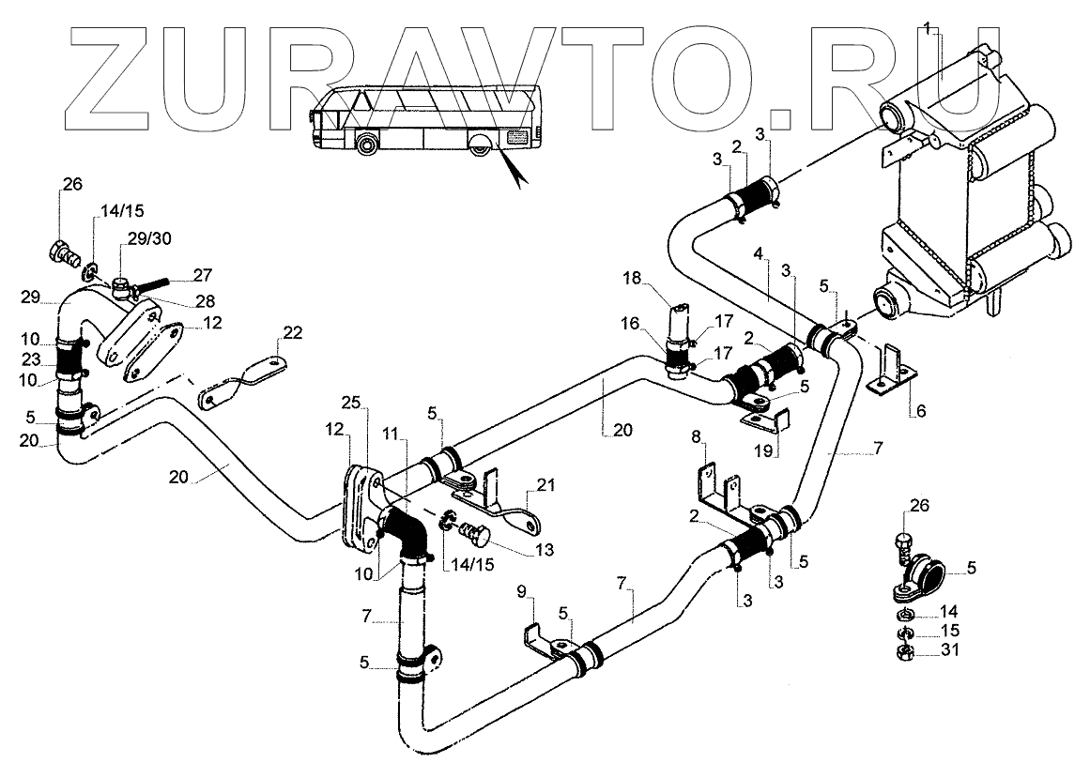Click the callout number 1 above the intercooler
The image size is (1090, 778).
point(928,29)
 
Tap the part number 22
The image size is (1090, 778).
point(293,332)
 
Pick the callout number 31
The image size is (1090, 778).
point(950,649)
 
